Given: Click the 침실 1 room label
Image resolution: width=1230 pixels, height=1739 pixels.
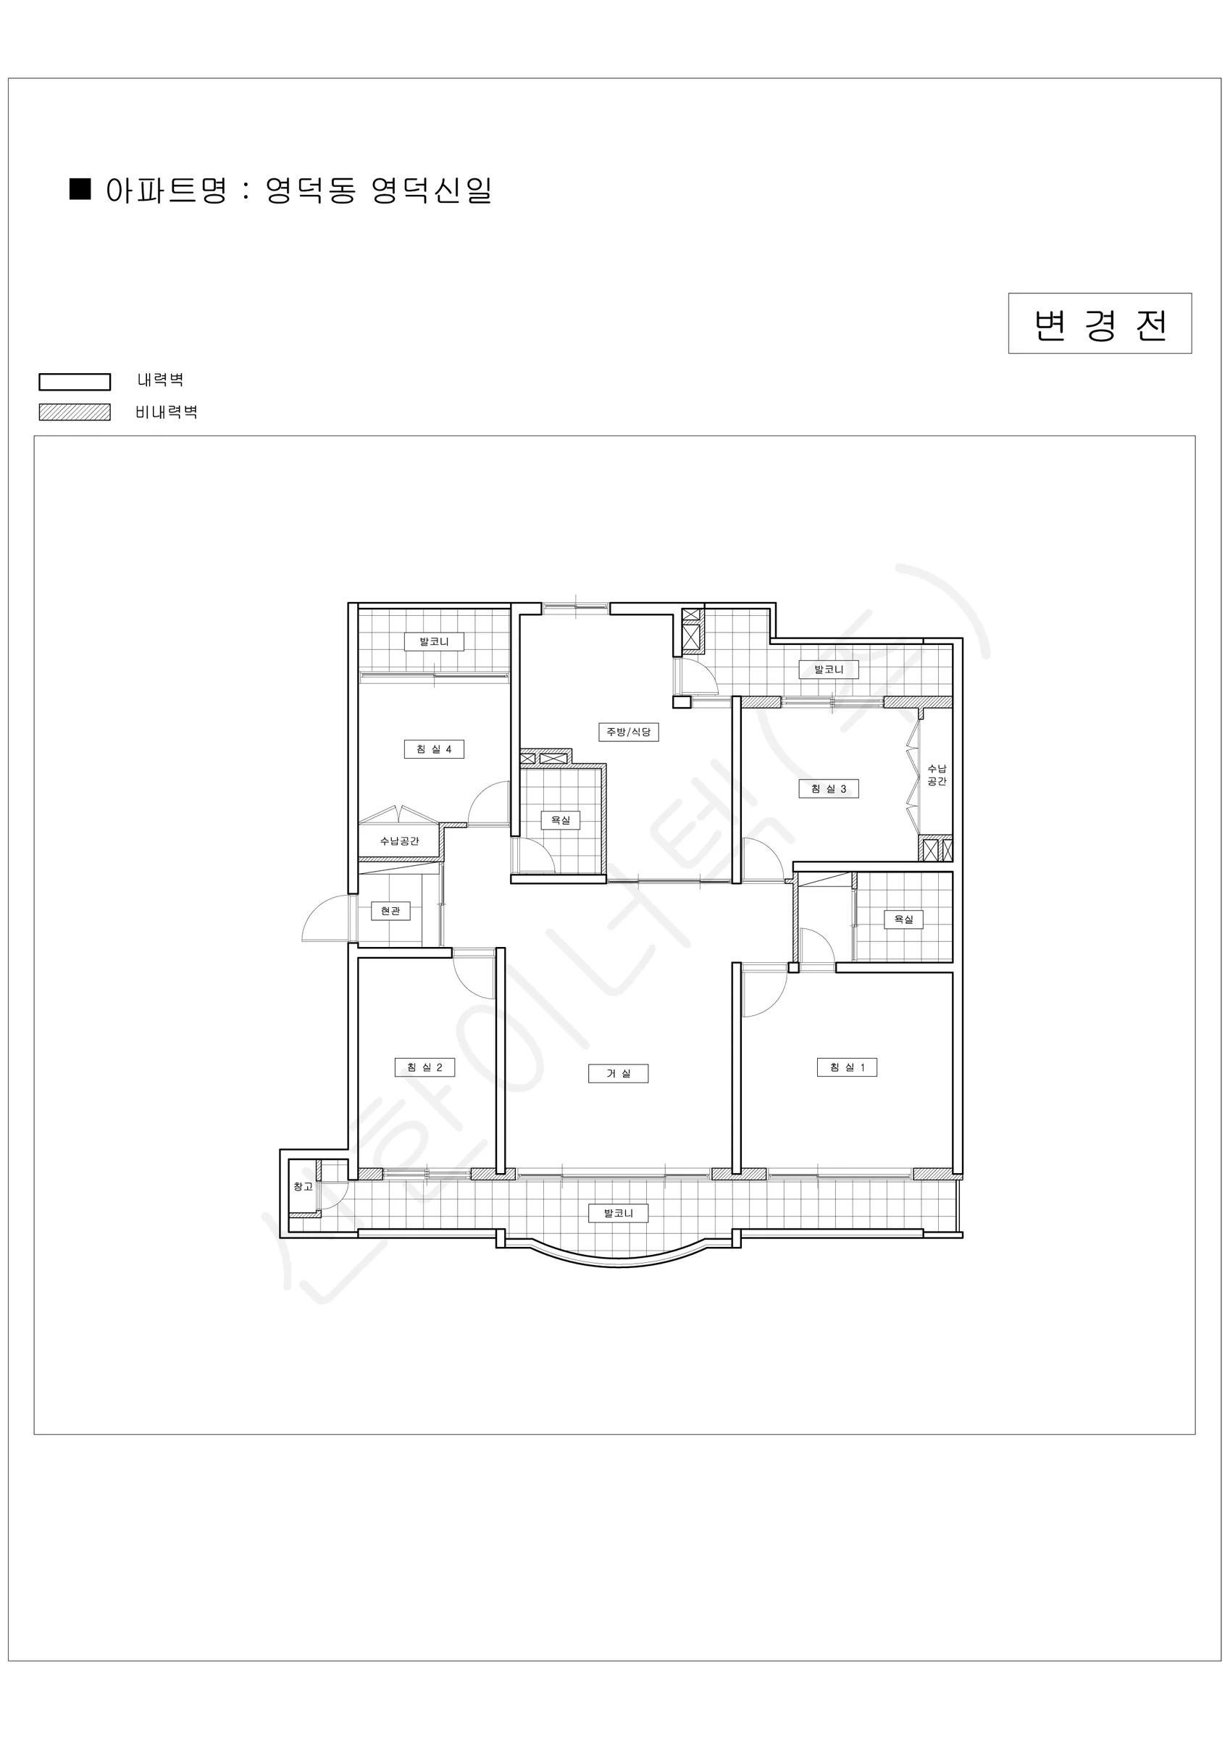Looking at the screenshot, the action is (x=847, y=1067).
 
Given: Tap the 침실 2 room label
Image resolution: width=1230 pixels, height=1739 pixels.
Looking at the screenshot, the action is (x=424, y=1067).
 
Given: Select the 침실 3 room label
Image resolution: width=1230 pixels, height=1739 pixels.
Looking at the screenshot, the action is (x=829, y=788).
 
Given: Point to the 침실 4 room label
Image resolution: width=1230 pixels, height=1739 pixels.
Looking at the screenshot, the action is (x=434, y=749).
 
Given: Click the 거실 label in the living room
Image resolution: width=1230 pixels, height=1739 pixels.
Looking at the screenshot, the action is (x=618, y=1073).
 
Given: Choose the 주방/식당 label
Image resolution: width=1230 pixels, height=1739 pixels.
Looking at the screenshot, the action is (x=629, y=732).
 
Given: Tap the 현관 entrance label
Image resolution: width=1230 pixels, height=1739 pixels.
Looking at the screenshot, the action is (x=390, y=910).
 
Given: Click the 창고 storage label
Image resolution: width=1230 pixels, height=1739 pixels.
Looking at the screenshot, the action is (x=303, y=1186).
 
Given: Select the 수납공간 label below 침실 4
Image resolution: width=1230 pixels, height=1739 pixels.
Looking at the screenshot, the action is (x=399, y=841).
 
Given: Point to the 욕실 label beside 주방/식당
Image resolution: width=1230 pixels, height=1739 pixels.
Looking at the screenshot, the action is (x=561, y=820).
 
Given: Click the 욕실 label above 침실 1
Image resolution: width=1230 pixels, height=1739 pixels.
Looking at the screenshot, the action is (x=903, y=919).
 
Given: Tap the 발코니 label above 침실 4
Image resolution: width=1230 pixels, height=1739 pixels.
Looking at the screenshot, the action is (x=434, y=641).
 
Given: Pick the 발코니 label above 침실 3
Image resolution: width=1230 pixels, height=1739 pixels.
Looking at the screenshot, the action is (x=829, y=669).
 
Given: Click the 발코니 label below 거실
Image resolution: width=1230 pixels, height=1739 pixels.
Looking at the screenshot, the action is (x=618, y=1214).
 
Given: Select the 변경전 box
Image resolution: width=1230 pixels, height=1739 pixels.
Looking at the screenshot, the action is (x=1100, y=323).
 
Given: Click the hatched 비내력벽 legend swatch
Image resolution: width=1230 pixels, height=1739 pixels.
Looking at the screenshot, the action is (x=75, y=412).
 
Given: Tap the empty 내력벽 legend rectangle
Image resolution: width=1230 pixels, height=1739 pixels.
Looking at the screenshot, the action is (x=75, y=382).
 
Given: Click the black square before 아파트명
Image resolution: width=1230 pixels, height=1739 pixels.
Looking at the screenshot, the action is (x=80, y=188).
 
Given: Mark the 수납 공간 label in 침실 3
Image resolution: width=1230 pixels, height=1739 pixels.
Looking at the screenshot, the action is (x=937, y=775).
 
